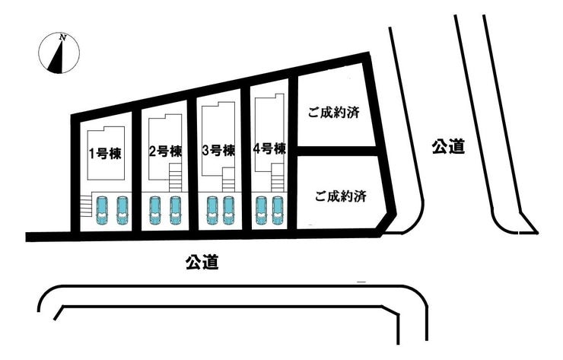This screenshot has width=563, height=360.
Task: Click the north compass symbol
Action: pos(59,53)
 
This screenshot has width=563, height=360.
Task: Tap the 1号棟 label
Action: pos(105,154)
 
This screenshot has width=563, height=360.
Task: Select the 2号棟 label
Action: pos(165,151)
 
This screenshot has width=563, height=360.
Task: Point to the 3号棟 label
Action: pos(218,151)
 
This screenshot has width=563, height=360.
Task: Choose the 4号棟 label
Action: pos(269,148)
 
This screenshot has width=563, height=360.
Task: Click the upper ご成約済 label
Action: pos(333,113)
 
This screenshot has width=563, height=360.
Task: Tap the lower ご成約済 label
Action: pos(340,196)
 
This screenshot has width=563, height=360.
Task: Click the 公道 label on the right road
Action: pos(448,147)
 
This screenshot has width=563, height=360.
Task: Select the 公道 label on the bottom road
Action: pos(202,262)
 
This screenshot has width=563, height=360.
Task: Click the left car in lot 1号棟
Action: pos(102,210)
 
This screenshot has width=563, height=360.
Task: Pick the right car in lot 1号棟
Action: pos(122,210)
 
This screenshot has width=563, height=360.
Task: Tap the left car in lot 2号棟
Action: pos(155,210)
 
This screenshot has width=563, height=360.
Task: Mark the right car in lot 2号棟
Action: pos(175,210)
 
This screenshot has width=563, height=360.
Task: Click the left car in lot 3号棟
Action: pos(212,210)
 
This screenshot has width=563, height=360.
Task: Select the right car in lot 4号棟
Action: pos(277,210)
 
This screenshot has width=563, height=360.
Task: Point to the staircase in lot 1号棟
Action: pos(86,205)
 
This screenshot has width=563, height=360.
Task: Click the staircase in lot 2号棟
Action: pos(176,177)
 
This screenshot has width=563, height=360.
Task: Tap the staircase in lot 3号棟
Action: pos(229,180)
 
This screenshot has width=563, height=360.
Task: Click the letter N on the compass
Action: pos(63,37)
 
